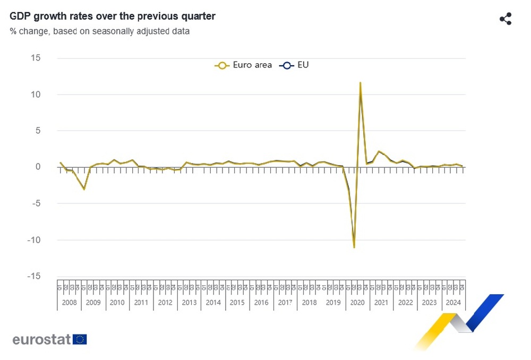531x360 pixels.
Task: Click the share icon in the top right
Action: (x=506, y=19)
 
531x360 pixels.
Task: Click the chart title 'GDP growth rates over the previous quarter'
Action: (x=113, y=16)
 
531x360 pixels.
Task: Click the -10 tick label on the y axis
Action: (x=33, y=240)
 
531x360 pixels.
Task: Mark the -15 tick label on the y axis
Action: (x=33, y=276)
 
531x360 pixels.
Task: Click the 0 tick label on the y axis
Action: (x=38, y=167)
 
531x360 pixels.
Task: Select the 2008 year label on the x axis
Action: (x=69, y=303)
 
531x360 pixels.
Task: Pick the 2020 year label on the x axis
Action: (x=357, y=303)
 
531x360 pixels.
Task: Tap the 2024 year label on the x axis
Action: (x=453, y=303)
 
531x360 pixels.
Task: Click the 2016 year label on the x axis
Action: (x=261, y=303)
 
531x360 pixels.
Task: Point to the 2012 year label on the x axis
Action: (x=165, y=303)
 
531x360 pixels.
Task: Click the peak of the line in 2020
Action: (x=361, y=83)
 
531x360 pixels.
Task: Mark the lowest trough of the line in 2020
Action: (x=354, y=247)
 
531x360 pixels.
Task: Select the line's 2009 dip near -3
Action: (x=84, y=189)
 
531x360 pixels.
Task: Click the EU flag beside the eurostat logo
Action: (x=80, y=339)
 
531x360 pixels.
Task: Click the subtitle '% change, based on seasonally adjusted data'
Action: (x=99, y=31)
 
